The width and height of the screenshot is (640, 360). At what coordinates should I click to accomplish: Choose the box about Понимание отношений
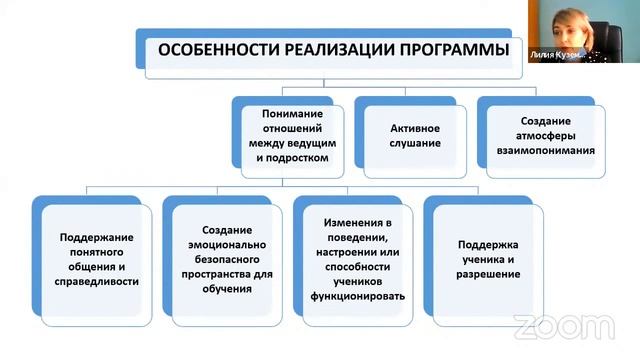pyautogui.click(x=291, y=136)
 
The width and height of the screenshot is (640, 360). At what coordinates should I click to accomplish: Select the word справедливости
pyautogui.click(x=98, y=282)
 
